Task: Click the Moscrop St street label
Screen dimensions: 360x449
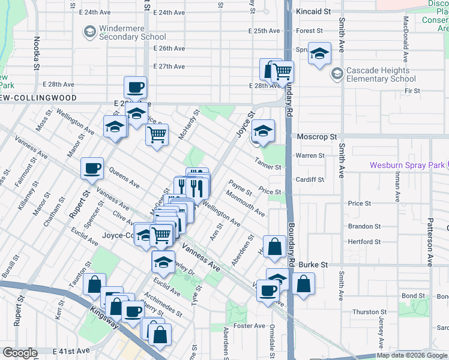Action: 317,137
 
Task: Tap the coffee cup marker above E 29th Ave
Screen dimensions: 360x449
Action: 136,87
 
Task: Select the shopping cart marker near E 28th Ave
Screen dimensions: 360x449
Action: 282,71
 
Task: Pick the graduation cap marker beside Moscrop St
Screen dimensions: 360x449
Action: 262,130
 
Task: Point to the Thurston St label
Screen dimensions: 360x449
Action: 370,312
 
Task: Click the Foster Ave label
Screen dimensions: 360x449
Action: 250,326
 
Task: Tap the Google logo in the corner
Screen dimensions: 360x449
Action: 20,353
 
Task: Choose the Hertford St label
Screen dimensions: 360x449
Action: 365,242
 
